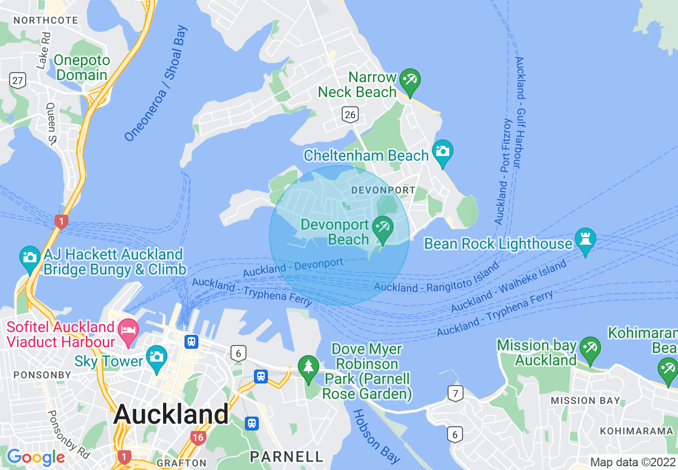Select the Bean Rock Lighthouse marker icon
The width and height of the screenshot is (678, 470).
pyautogui.click(x=585, y=240)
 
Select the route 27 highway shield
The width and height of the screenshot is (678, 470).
pyautogui.click(x=18, y=81)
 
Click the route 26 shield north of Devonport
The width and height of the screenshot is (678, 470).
pyautogui.click(x=350, y=113)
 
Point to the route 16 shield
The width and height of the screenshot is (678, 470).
pyautogui.click(x=198, y=438)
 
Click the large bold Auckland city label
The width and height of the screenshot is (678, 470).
pyautogui.click(x=171, y=414)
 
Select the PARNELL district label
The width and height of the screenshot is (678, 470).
pyautogui.click(x=287, y=457)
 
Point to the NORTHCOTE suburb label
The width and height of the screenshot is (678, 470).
pyautogui.click(x=45, y=20)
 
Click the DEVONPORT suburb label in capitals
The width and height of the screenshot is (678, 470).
pyautogui.click(x=383, y=191)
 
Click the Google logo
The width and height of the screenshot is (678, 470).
pyautogui.click(x=36, y=457)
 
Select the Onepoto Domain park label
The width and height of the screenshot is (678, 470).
pyautogui.click(x=82, y=68)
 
